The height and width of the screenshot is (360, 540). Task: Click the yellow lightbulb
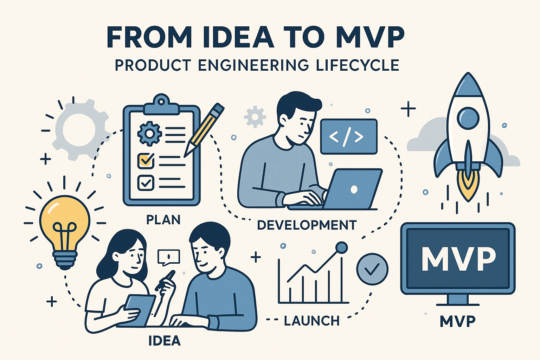(x=65, y=231)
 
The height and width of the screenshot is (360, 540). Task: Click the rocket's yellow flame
(x=468, y=186)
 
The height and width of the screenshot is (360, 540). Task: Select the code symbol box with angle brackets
(x=349, y=136)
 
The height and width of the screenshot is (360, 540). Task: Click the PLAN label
(x=163, y=220)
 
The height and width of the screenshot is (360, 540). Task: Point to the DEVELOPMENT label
(x=307, y=225)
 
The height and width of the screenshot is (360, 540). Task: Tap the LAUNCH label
(x=312, y=321)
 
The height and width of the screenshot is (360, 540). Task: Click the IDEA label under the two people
(x=165, y=340)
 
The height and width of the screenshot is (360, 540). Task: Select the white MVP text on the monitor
(x=458, y=259)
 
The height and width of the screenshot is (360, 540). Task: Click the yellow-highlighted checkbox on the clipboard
(x=146, y=161)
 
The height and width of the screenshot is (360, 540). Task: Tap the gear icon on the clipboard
(x=149, y=134)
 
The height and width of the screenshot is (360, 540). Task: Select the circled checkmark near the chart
(x=372, y=269)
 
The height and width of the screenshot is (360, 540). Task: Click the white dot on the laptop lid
(x=354, y=189)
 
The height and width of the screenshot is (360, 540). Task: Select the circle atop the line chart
(x=341, y=247)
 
